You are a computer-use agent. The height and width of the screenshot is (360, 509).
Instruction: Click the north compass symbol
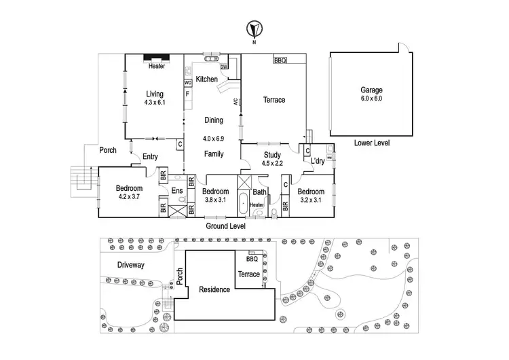pos(254,29)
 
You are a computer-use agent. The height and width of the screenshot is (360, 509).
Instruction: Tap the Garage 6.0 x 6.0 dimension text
pos(371,98)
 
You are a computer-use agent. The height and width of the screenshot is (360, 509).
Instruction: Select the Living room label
pos(155,94)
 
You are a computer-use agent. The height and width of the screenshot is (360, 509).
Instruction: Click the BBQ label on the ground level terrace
pos(280,60)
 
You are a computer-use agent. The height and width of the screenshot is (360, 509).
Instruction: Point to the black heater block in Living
pos(157,58)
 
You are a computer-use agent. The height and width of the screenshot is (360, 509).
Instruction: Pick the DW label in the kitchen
pos(224,67)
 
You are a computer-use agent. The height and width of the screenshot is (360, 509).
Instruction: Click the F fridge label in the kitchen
pos(187,94)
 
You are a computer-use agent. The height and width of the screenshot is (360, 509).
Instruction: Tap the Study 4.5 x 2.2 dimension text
pos(272,163)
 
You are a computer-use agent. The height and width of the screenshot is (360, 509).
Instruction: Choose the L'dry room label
pos(318,161)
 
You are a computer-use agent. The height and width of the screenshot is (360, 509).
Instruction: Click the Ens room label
pos(177,190)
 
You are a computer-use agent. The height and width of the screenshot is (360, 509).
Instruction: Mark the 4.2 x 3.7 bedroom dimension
pos(129,196)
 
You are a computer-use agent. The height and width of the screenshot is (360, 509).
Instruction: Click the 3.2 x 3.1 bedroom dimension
pos(311,200)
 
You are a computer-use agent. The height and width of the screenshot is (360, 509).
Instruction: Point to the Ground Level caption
pos(225,226)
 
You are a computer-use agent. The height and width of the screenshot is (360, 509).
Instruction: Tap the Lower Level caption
pos(372,143)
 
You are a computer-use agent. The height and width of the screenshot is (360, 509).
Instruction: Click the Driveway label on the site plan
pos(130,265)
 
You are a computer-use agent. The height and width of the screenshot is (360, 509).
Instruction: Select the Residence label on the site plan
pos(214,289)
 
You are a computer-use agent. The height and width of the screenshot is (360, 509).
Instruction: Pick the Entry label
pos(150,157)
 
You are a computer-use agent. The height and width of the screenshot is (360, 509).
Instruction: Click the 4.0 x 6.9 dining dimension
pos(213,139)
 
